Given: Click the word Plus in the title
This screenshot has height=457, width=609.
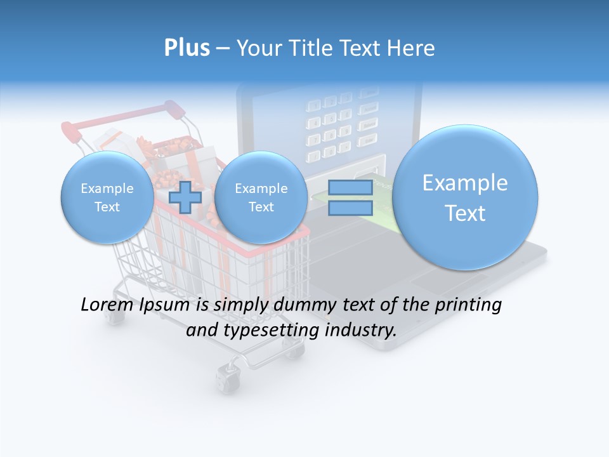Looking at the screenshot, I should (x=187, y=48).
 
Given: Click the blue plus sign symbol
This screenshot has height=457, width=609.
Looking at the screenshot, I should (x=185, y=197).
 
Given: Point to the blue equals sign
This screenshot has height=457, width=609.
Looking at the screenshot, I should (x=350, y=197).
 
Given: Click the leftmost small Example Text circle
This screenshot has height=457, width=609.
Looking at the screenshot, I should (x=107, y=197).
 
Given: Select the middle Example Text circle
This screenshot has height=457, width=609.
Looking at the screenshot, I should (x=261, y=197).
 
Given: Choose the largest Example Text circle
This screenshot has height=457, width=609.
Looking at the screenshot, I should (x=465, y=197).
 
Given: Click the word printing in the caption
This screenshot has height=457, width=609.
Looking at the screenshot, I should (x=467, y=305).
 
